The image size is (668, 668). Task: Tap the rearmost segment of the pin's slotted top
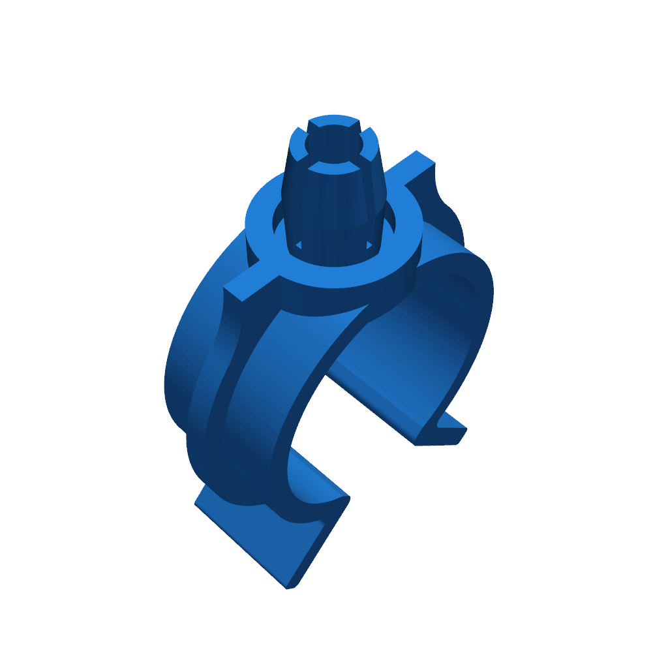(333, 121)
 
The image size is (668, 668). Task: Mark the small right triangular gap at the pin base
(369, 245)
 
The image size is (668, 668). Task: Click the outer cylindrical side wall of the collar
(339, 297)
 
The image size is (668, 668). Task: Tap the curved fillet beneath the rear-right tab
(447, 209)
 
